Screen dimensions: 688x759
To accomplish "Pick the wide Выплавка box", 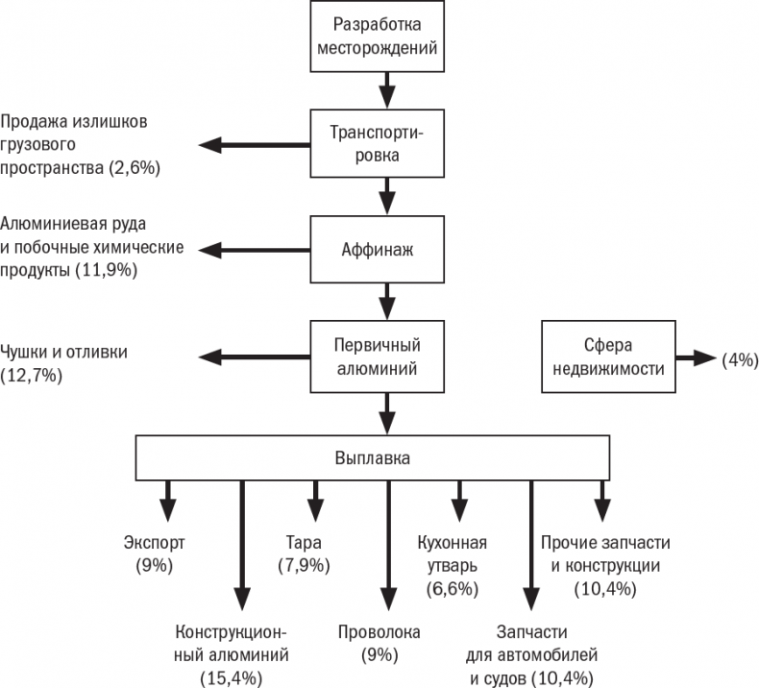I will click(x=374, y=457).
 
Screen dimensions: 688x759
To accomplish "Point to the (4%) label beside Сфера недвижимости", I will click(x=740, y=359).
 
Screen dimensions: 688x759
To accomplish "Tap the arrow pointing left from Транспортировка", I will click(x=254, y=144).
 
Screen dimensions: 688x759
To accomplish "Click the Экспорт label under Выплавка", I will click(x=155, y=543).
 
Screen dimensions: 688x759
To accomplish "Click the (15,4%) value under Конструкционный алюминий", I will click(x=231, y=678).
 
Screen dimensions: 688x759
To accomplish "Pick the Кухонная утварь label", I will click(x=452, y=553).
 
